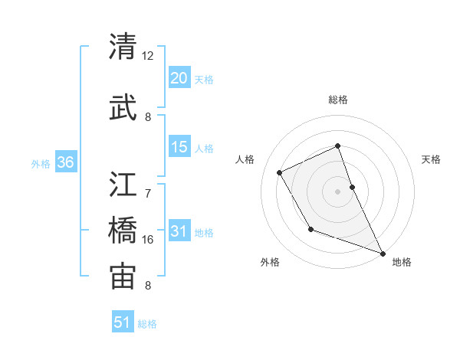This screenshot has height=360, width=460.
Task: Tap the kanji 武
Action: coord(123,105)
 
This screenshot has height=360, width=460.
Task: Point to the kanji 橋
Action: coord(123,231)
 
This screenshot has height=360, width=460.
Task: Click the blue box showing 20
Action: coord(179,78)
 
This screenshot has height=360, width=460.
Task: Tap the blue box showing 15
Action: coord(179,148)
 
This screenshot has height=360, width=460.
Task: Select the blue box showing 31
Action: coord(179,231)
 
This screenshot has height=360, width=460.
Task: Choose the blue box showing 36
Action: coord(65,162)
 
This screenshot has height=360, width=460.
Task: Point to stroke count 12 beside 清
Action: coord(148,56)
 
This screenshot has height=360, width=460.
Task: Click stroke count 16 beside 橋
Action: coord(148,240)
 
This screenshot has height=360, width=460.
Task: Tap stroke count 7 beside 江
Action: coord(149,185)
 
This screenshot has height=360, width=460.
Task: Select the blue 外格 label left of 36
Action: coord(41,163)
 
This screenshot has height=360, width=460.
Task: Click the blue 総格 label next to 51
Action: coord(147,324)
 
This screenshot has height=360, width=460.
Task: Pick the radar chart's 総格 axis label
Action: coord(338,100)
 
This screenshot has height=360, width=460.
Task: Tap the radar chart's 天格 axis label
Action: coord(432,159)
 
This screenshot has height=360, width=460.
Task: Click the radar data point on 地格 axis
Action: coord(383,254)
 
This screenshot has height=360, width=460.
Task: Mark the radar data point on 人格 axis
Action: coord(280,172)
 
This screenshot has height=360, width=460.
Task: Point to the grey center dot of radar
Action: coord(338,191)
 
